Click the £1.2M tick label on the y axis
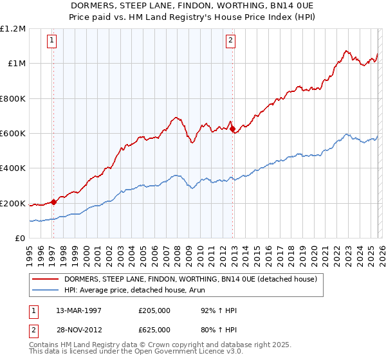pyautogui.click(x=13, y=29)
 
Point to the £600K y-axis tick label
pyautogui.click(x=13, y=134)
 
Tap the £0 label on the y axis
pyautogui.click(x=19, y=239)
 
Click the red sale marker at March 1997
pyautogui.click(x=54, y=202)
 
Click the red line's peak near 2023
pyautogui.click(x=346, y=50)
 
